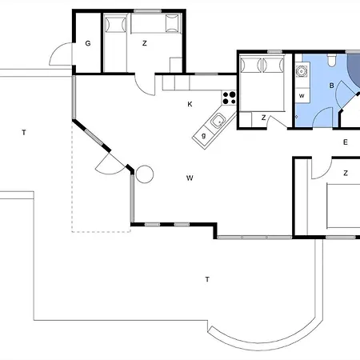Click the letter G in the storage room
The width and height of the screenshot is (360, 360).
88,43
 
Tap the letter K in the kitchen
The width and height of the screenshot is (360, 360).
190,104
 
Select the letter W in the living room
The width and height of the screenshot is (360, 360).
190,178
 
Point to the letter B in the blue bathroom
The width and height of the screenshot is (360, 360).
332,86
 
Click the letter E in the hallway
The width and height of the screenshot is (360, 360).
346,142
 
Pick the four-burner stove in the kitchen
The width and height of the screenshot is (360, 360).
229,98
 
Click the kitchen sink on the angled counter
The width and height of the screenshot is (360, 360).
218,121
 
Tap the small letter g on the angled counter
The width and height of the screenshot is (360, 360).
204,136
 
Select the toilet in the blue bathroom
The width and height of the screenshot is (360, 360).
332,60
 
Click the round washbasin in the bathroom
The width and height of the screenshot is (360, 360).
302,71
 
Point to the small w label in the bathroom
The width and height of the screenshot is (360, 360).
302,96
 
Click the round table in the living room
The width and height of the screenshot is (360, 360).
145,174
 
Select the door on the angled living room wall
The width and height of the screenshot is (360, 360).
109,164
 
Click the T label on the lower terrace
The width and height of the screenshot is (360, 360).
207,279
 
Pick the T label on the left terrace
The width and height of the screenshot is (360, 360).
24,132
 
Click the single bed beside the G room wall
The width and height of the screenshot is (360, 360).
115,42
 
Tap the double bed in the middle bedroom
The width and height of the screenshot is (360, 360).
262,83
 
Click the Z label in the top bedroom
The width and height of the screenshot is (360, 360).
145,43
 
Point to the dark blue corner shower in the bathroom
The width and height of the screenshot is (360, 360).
354,70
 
